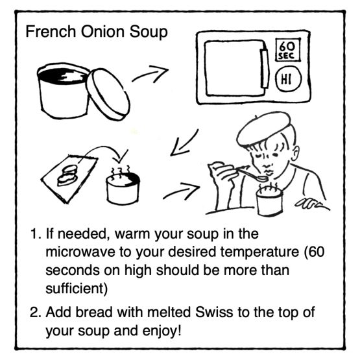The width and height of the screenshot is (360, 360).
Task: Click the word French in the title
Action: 51,31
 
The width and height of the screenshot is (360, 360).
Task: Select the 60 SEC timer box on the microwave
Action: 287,50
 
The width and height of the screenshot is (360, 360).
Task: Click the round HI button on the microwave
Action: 288,78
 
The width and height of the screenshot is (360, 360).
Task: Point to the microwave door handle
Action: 264,68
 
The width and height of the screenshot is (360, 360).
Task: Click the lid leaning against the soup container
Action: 108,94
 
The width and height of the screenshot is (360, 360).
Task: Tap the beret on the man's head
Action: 263,128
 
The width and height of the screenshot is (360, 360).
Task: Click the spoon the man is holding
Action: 252,174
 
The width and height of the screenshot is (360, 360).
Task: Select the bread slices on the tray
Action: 67,175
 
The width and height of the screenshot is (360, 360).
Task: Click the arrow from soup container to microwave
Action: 150,73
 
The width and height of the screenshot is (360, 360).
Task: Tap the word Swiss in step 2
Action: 214,312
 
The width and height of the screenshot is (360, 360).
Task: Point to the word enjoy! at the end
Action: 162,331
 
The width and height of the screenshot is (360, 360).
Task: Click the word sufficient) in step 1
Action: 77,289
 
